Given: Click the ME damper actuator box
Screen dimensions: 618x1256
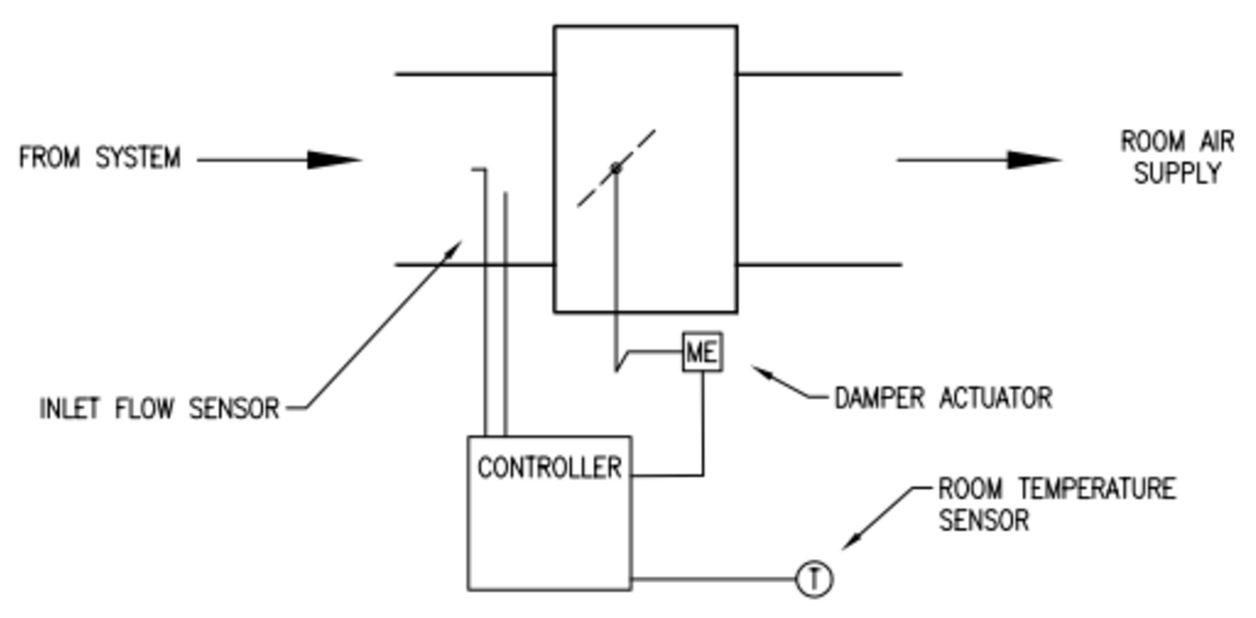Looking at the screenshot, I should pyautogui.click(x=701, y=352).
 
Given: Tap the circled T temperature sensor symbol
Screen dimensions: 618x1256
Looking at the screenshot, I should pyautogui.click(x=814, y=580).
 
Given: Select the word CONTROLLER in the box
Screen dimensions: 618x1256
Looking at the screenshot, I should pyautogui.click(x=549, y=468).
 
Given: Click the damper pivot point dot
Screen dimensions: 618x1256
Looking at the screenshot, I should pyautogui.click(x=615, y=168).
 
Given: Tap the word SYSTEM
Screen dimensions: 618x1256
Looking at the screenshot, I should pyautogui.click(x=138, y=157).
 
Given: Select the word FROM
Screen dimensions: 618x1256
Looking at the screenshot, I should pyautogui.click(x=49, y=157).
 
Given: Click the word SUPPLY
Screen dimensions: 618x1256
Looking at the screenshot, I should pyautogui.click(x=1176, y=173).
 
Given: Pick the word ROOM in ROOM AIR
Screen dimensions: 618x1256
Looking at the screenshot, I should pyautogui.click(x=1146, y=141).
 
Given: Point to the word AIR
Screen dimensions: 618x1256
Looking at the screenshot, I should pyautogui.click(x=1215, y=141).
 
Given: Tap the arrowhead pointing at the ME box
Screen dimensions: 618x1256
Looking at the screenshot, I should pyautogui.click(x=761, y=371).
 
